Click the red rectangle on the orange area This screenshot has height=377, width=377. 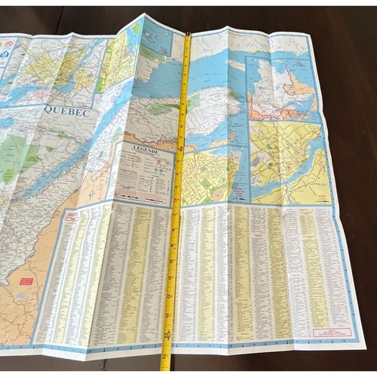pyautogui.click(x=26, y=280)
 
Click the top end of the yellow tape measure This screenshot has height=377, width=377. pyautogui.click(x=187, y=35)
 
